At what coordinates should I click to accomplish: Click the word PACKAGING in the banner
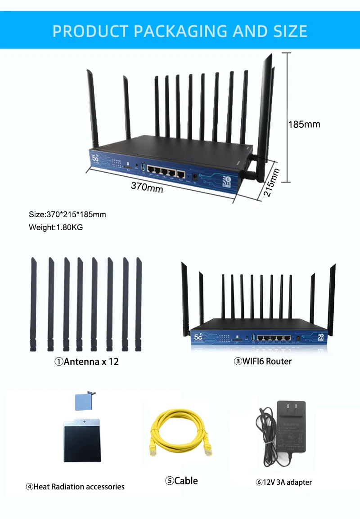[x=181, y=31]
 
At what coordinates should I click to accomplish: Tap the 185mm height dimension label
[x=304, y=124]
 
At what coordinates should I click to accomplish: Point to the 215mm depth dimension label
[x=271, y=182]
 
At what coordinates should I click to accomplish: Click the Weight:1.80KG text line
[x=56, y=227]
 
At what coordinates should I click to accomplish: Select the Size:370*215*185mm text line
[x=67, y=215]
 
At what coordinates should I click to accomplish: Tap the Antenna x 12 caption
[x=86, y=361]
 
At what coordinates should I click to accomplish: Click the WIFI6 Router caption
[x=263, y=361]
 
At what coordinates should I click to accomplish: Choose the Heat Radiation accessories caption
[x=75, y=486]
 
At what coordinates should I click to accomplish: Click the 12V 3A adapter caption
[x=283, y=482]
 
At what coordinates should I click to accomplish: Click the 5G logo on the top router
[x=95, y=157]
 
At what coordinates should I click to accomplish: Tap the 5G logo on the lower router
[x=198, y=336]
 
